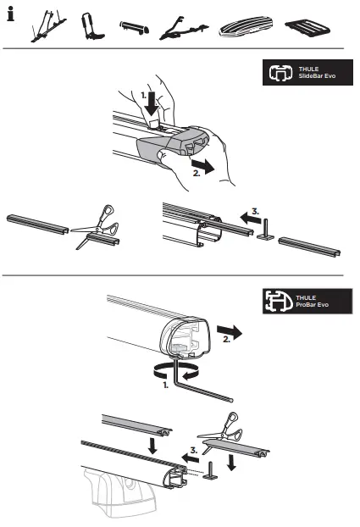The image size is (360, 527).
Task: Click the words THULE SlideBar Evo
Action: click(x=314, y=75)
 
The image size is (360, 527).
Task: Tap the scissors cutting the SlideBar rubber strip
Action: click(x=100, y=227)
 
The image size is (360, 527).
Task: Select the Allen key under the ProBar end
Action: click(x=203, y=386)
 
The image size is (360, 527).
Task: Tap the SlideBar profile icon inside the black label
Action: click(x=279, y=75)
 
